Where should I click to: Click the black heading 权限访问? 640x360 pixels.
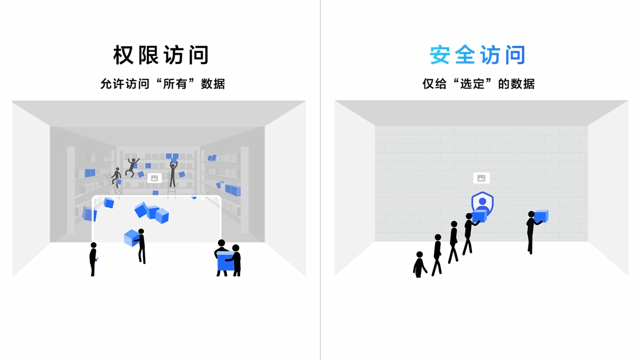coord(160,55)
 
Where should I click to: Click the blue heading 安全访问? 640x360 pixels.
coord(477,55)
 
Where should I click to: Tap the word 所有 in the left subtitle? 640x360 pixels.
coord(175,83)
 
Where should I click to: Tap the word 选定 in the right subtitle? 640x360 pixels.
coord(472,83)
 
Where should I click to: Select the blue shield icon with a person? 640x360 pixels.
coord(482,202)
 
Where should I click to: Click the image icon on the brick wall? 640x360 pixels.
coord(481,178)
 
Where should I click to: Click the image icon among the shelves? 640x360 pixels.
coord(154,178)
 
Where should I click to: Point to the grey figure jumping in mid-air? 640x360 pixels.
coord(132,167)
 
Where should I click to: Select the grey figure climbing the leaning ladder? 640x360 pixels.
coord(116,177)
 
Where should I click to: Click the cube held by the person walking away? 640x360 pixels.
coord(541,216)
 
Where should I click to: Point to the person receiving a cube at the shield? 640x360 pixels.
coord(468,232)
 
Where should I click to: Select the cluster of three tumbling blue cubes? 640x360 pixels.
coord(151,212)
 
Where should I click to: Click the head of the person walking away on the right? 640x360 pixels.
coord(531,214)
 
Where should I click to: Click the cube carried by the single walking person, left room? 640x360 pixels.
coord(131,238)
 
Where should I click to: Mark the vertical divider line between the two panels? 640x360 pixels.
coord(320,180)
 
